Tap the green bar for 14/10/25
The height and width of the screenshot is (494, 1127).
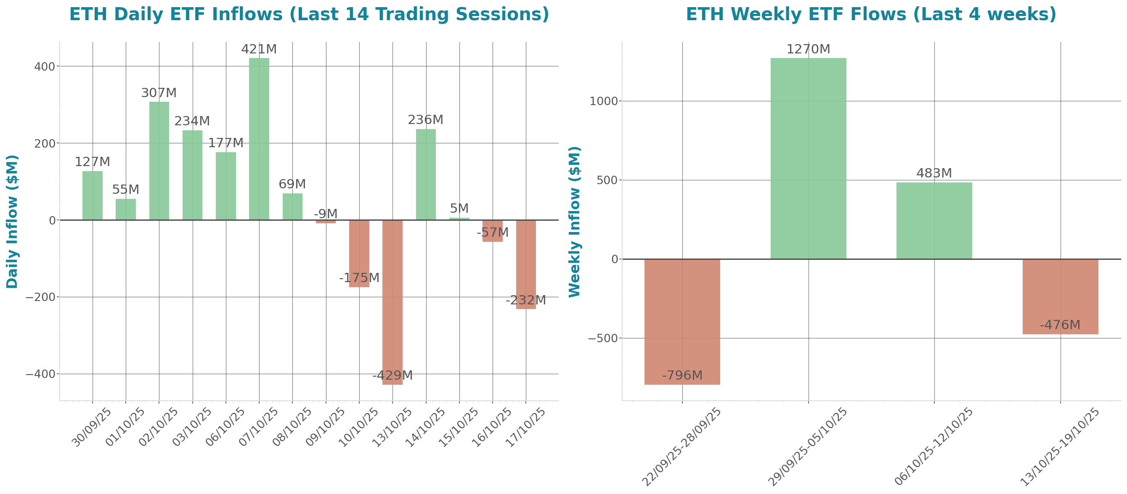tap(426, 174)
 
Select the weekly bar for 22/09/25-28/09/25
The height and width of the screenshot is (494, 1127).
tap(682, 322)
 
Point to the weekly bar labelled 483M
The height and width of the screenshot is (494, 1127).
tap(934, 220)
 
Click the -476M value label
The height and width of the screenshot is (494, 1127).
tap(1060, 325)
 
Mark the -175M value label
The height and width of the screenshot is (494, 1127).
tap(359, 278)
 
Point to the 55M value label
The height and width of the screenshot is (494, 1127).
tap(125, 190)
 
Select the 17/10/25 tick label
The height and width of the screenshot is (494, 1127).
tap(525, 428)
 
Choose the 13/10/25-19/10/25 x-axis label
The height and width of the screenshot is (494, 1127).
tap(1060, 447)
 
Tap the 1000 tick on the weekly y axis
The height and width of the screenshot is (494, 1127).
tap(603, 101)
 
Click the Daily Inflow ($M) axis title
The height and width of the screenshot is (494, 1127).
tap(12, 221)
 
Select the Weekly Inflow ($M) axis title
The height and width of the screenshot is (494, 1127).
tap(574, 221)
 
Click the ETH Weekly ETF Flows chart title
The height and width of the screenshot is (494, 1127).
tap(871, 14)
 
